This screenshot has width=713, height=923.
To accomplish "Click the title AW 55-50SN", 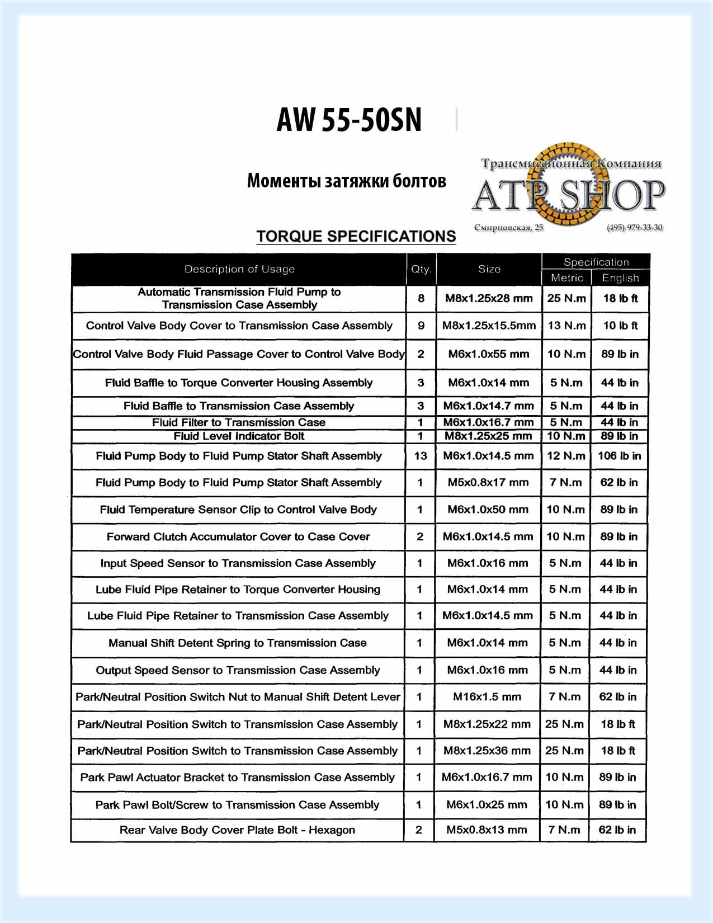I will point(349,120).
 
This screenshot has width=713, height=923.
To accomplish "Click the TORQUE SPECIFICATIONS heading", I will point(356,236).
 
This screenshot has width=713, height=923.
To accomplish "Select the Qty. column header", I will point(421,269).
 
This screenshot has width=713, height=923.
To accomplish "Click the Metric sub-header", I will point(566,277).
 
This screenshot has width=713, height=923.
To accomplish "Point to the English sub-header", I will point(620,277).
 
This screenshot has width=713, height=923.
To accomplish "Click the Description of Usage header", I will point(239,269).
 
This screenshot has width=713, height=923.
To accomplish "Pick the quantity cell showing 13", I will point(421,456).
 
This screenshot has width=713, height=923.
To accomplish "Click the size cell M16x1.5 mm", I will point(487,697).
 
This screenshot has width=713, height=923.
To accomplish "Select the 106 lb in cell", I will point(619,456).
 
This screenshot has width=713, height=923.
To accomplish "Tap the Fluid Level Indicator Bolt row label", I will point(239,436).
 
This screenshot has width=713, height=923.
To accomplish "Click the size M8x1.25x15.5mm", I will point(489,326).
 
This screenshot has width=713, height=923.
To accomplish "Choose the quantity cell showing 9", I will point(421,326).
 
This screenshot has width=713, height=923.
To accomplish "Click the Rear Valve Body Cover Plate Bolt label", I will point(237,830).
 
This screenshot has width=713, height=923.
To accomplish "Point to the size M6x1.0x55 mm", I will point(488,354).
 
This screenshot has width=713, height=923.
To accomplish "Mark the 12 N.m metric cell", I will point(566,456).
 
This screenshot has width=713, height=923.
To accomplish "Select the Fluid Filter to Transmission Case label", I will point(239,422).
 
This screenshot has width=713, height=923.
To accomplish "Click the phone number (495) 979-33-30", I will point(635,228).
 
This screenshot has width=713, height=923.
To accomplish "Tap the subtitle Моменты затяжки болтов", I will point(347,181).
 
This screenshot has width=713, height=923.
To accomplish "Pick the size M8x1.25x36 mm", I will point(487,751).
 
